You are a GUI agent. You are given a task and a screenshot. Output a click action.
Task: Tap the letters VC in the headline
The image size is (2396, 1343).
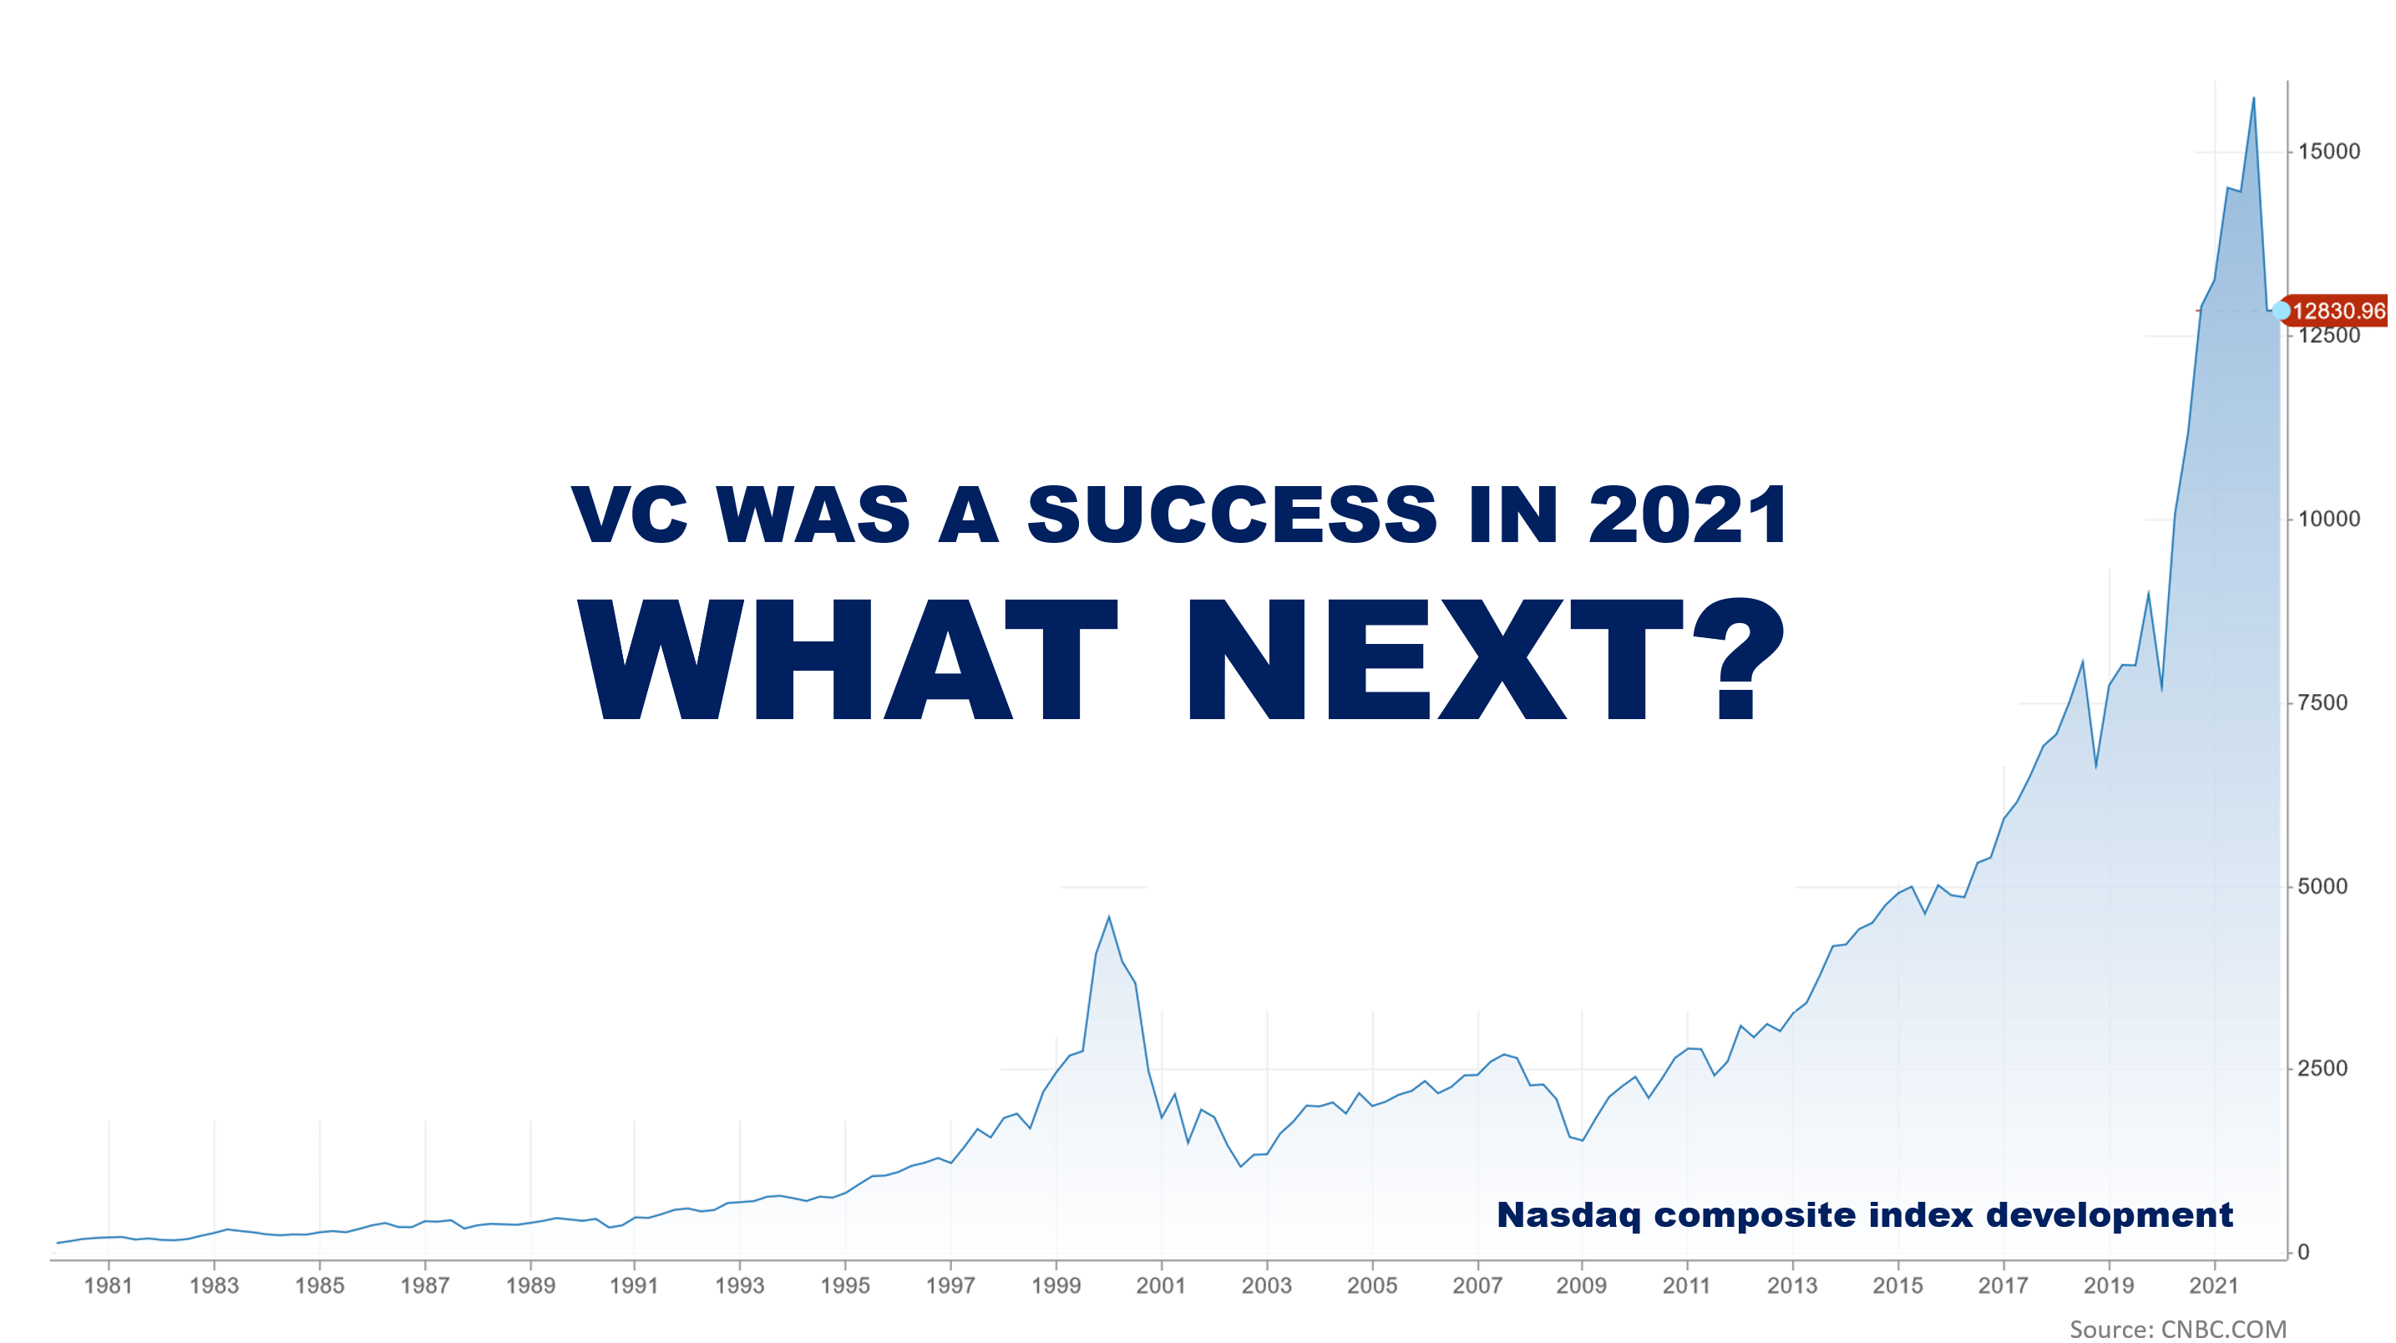tap(631, 514)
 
